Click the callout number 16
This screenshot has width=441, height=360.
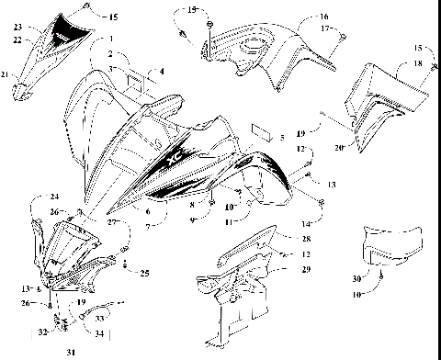[x=323, y=17]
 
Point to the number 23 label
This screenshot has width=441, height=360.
[x=17, y=28]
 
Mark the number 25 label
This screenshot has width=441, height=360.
[x=144, y=273]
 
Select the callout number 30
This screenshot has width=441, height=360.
[x=356, y=278]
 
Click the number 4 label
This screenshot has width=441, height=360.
[x=162, y=71]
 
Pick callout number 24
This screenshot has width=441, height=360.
[x=54, y=197]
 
